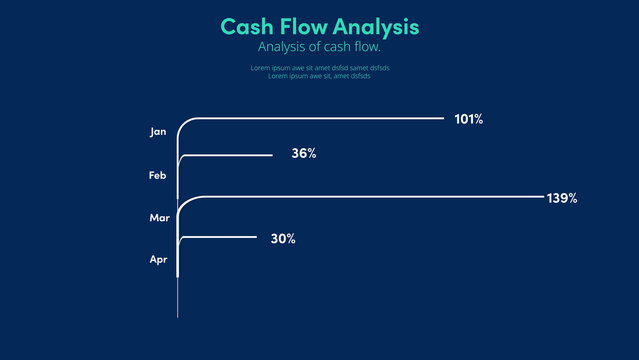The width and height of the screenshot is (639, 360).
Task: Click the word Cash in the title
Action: pos(243,26)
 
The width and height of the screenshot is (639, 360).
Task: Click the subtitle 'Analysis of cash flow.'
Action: pos(319,47)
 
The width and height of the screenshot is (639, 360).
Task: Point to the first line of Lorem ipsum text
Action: pos(319,68)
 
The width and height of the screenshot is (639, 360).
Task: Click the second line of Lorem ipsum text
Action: pos(319,76)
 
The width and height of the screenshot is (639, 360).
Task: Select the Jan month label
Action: pos(158,131)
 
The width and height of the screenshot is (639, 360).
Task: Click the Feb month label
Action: pos(158,175)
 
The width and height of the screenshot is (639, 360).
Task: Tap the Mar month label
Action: pos(159,217)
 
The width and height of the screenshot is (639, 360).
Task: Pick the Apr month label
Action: pos(158,259)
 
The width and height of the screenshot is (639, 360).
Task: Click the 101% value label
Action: pos(468,119)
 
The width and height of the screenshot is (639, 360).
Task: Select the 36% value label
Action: pos(304,154)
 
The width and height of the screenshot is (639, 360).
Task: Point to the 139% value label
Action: pos(562,198)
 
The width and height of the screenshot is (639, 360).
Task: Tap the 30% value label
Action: pos(283,239)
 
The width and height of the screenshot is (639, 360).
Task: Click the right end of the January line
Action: pos(442,118)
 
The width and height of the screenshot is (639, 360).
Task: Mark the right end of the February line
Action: pos(271,155)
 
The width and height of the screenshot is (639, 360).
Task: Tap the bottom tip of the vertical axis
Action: pos(178,316)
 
